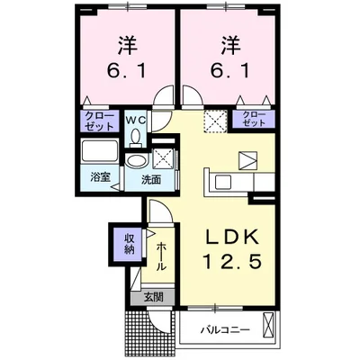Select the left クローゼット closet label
tap(99, 121)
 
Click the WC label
tap(134, 117)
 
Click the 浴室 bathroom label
tap(100, 178)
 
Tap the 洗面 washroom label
tap(150, 178)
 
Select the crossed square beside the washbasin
tap(163, 159)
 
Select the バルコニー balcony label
tap(222, 329)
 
